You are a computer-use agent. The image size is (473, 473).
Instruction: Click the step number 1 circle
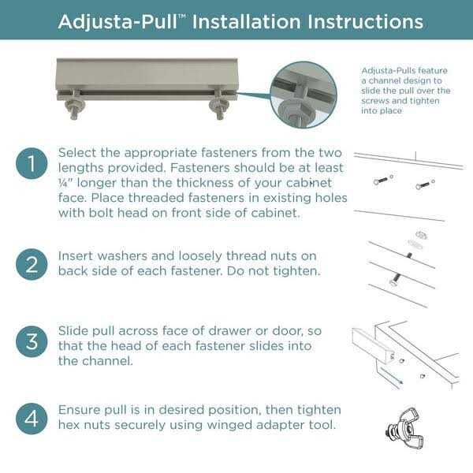point(32,163)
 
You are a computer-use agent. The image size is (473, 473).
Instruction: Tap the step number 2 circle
point(32,264)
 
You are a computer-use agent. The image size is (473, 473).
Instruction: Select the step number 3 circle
point(32,341)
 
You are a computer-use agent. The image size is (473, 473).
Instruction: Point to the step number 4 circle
point(32,419)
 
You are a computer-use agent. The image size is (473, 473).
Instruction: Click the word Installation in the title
point(247,22)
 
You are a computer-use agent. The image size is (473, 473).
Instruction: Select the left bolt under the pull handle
point(73,106)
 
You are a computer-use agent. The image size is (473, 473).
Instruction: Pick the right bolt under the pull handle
point(219,106)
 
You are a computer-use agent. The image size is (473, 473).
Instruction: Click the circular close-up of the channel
point(304,95)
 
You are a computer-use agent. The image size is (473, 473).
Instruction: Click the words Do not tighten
point(274,271)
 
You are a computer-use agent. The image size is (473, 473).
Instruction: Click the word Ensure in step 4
point(79,410)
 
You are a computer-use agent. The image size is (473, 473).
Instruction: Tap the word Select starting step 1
point(77,153)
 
